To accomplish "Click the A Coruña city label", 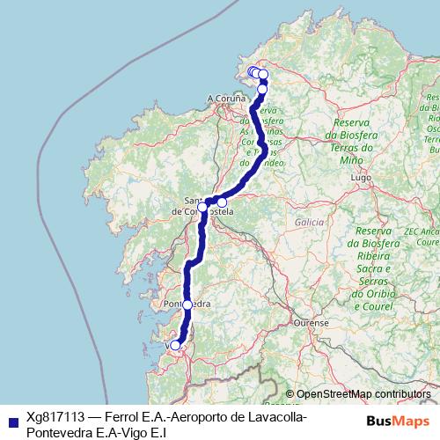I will (x=224, y=98).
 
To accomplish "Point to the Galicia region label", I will (x=310, y=223).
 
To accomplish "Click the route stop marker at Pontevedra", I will (x=187, y=304).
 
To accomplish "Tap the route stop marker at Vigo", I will (x=175, y=345).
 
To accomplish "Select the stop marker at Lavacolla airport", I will (x=222, y=202).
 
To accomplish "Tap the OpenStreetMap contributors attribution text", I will (x=363, y=394).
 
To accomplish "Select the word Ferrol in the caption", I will (x=127, y=417).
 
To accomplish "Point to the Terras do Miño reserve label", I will (x=358, y=142).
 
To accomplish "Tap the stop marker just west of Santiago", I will (x=202, y=208).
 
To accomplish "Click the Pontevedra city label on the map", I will (x=187, y=304).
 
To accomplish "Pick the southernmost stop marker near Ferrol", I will (x=262, y=89).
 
